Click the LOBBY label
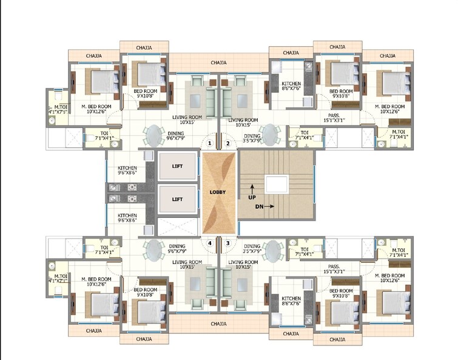coord(218,192)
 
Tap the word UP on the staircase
coord(251,197)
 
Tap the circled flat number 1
coord(210,143)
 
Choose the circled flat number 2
coord(227,143)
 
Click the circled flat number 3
coord(227,243)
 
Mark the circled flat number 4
coord(210,243)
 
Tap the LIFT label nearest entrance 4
coord(177,199)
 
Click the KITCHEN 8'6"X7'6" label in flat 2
coord(291,86)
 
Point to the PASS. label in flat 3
coord(333,267)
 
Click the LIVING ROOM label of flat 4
coord(187,263)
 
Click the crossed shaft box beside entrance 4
coord(177,229)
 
